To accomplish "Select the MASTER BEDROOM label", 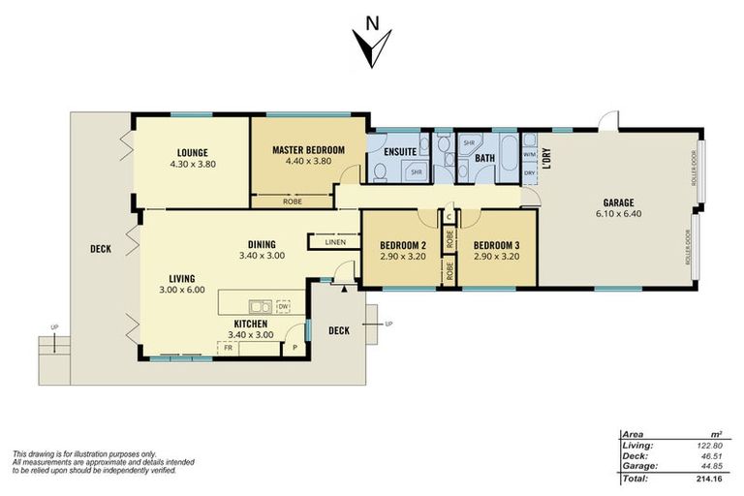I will (308, 149).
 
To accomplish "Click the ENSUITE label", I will (400, 152).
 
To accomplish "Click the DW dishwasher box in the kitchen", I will (283, 306).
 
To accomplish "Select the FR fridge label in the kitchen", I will (229, 346).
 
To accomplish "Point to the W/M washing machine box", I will (529, 154).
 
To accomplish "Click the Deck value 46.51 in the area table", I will (712, 455).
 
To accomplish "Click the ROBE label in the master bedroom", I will (292, 201).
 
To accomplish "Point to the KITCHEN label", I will (250, 323).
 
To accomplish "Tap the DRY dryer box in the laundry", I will (529, 173).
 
